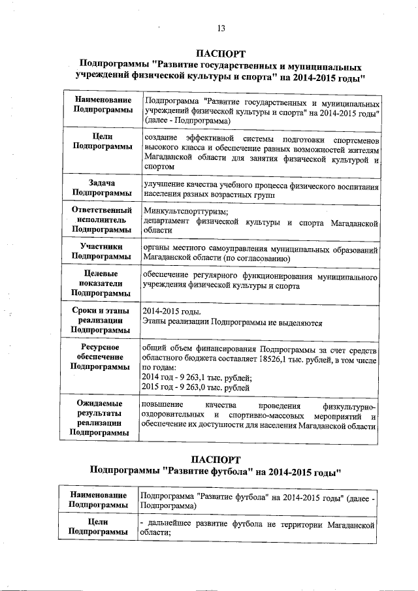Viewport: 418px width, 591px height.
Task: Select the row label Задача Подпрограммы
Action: [101, 188]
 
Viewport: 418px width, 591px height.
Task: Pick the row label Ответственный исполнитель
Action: [101, 220]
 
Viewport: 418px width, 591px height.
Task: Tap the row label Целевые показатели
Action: [101, 285]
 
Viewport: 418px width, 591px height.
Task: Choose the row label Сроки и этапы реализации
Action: [101, 321]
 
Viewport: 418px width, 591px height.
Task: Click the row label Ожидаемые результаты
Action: [101, 417]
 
